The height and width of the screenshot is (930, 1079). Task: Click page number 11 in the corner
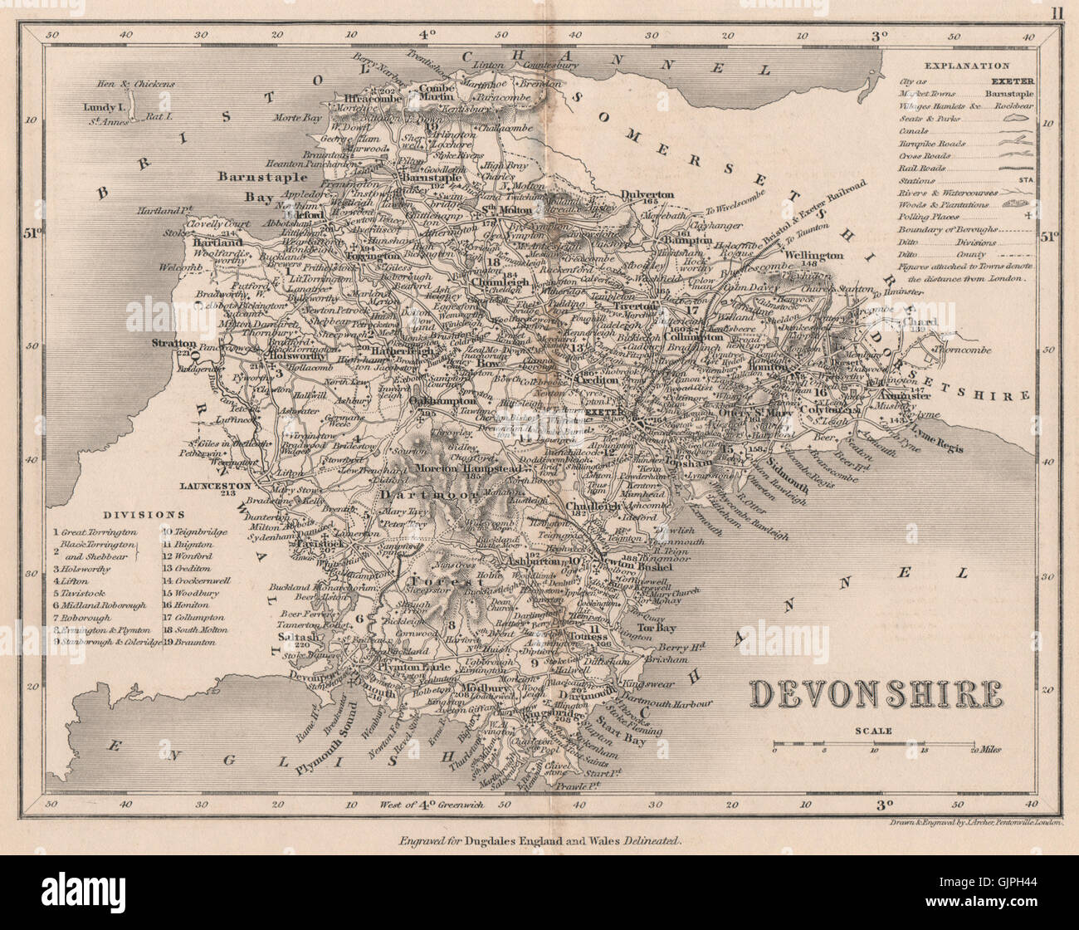pos(1055,12)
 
